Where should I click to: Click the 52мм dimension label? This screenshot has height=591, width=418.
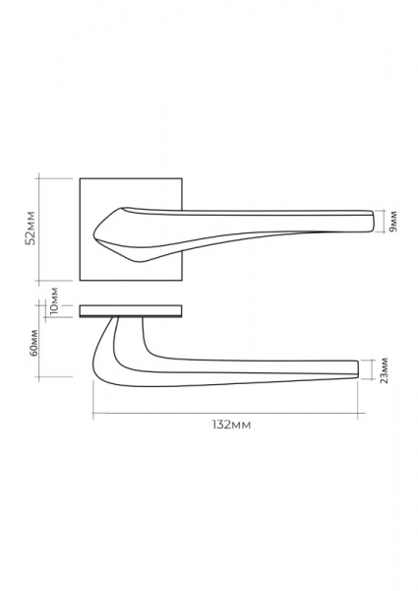(30, 229)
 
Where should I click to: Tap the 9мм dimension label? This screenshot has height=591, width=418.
(393, 222)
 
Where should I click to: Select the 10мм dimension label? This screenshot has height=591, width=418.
(54, 300)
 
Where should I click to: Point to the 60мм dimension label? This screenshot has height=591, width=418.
(33, 343)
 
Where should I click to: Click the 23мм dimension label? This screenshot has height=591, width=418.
(384, 370)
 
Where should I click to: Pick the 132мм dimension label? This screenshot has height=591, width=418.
(231, 425)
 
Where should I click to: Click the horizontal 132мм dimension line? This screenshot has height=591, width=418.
(229, 413)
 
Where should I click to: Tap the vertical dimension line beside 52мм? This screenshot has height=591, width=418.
(39, 230)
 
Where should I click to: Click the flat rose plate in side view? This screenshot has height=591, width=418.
(131, 310)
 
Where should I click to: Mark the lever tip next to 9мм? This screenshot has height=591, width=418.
(372, 221)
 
